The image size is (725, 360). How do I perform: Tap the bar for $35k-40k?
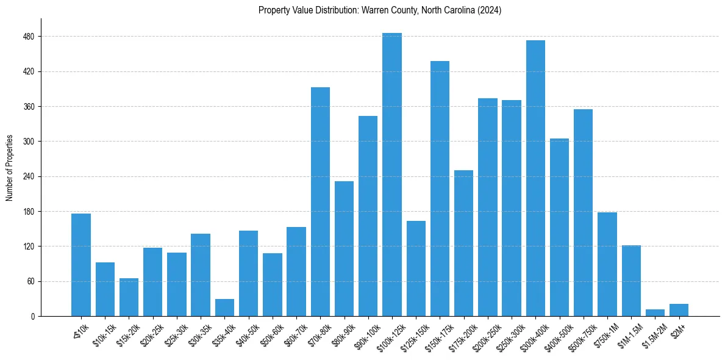pyautogui.click(x=224, y=308)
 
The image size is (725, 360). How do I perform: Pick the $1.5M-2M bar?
pyautogui.click(x=655, y=312)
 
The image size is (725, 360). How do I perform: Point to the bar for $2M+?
pyautogui.click(x=679, y=310)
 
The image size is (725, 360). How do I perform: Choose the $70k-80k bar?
pyautogui.click(x=320, y=201)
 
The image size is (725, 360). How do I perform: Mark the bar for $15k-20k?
pyautogui.click(x=129, y=297)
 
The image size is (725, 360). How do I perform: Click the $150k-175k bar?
pyautogui.click(x=440, y=189)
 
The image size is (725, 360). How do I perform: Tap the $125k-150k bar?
pyautogui.click(x=416, y=268)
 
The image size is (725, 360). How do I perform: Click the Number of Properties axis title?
pyautogui.click(x=10, y=168)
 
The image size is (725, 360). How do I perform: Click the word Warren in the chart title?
pyautogui.click(x=366, y=10)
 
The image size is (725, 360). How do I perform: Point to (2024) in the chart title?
pyautogui.click(x=488, y=10)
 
